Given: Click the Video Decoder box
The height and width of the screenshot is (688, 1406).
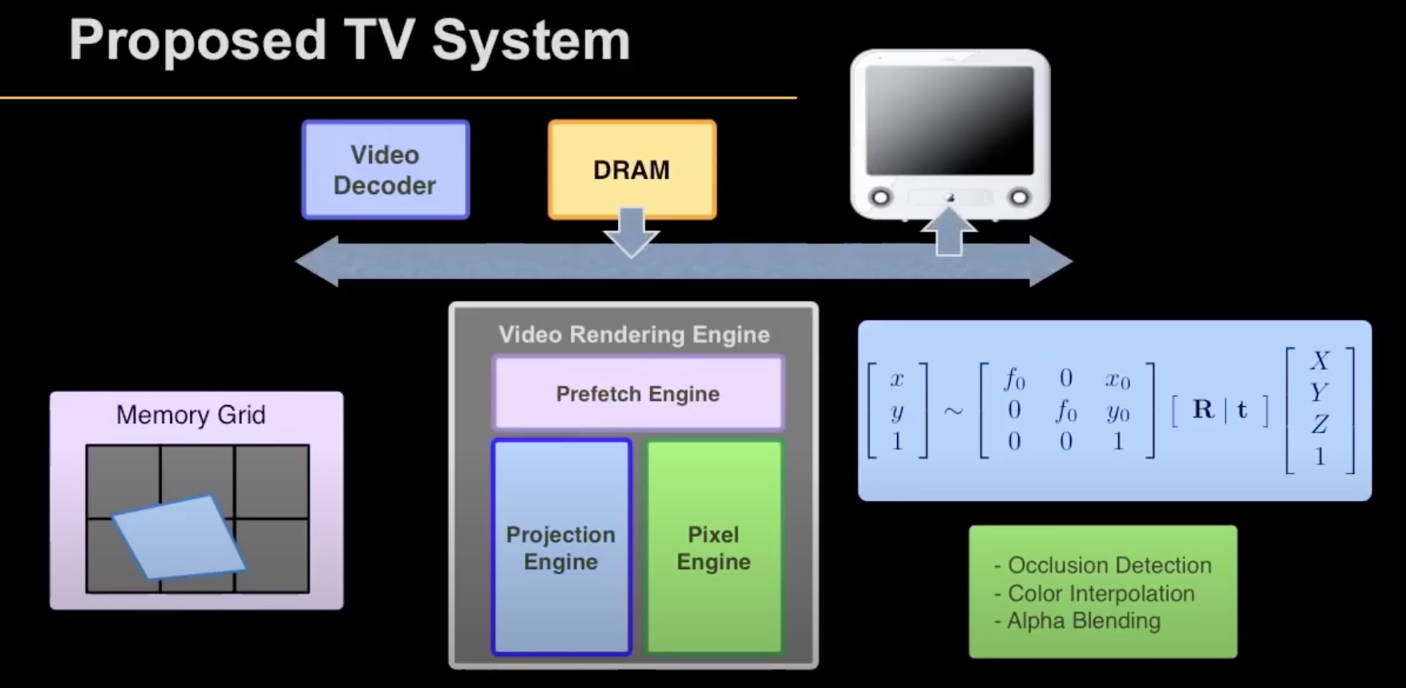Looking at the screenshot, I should pos(386,170).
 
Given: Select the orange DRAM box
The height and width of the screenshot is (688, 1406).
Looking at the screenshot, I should pos(632,169).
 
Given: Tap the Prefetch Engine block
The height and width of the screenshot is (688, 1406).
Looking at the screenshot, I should pos(638,394).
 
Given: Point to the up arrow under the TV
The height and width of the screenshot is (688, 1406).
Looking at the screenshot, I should pos(949,232).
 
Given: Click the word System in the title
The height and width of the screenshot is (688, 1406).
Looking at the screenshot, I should pos(531,40).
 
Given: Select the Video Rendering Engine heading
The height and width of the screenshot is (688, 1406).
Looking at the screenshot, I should pos(634,334).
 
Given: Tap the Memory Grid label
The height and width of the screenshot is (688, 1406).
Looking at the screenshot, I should pos(191,415).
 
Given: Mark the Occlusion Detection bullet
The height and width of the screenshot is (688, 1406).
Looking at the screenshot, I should pos(1103,565).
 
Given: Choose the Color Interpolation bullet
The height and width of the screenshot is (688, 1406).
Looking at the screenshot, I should pos(1095,593).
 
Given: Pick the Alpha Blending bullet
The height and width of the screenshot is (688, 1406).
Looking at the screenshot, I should pos(1077,621).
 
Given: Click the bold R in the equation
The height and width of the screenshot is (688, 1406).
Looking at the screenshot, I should pos(1202,410).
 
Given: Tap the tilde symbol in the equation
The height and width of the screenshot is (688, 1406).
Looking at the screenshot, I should pos(953,411).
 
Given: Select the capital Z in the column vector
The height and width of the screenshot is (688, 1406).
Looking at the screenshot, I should pos(1319,424).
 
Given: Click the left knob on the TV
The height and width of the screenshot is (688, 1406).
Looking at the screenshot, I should pos(880,196).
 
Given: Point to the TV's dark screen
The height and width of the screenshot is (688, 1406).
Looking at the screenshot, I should pos(950,120).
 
